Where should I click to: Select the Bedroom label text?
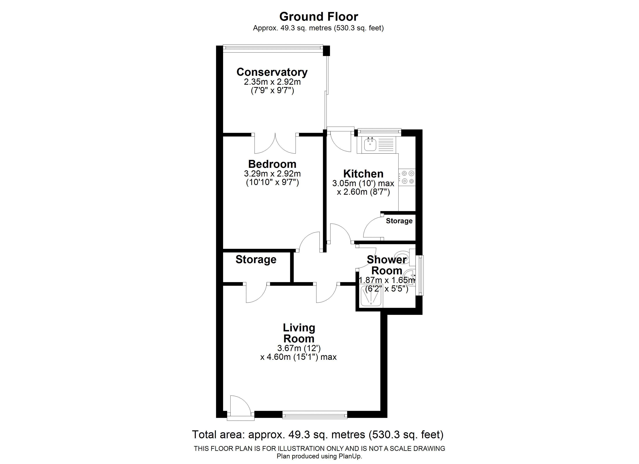pos(272,164)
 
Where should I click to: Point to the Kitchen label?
pos(363,174)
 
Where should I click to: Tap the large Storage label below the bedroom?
pos(256,260)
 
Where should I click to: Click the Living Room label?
pos(299,333)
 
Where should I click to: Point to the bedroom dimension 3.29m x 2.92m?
pos(272,174)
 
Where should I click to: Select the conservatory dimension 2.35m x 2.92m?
pos(272,82)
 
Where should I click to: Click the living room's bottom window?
pos(315,415)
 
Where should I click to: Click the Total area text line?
pos(318,435)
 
